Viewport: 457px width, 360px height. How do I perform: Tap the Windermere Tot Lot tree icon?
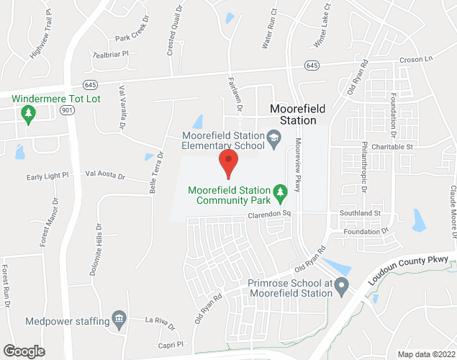[28, 113]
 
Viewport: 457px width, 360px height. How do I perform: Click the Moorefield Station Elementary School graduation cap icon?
[273, 136]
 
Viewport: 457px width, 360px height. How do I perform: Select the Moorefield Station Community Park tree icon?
[281, 192]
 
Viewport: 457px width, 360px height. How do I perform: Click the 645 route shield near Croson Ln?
[312, 66]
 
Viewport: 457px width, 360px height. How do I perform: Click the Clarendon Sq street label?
[268, 215]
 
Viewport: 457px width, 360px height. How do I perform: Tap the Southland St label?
[361, 213]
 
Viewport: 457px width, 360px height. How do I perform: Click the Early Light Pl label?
[47, 176]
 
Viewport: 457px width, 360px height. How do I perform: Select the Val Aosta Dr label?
[105, 174]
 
